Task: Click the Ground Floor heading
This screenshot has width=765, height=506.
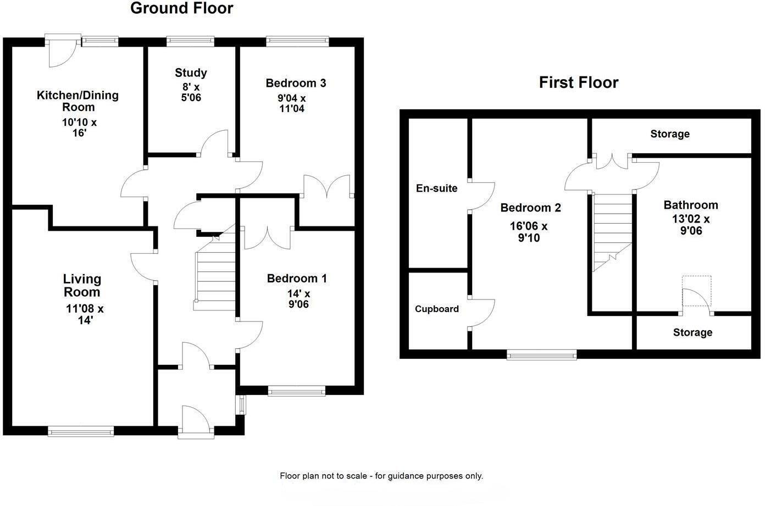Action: [181, 8]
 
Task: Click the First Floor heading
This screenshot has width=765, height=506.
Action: [579, 82]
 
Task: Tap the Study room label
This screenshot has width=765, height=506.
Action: [191, 73]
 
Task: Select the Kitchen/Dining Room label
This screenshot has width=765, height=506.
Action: [77, 101]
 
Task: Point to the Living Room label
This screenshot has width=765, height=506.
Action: [82, 286]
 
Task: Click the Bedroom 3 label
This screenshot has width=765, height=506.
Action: [296, 83]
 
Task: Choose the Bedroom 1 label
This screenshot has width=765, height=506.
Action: [297, 279]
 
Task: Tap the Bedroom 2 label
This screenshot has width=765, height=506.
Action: [530, 208]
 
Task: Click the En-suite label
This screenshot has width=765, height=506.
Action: [437, 188]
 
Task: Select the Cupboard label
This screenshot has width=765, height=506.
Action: [437, 309]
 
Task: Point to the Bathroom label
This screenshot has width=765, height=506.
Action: [691, 205]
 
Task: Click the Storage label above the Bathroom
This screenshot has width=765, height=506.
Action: [670, 134]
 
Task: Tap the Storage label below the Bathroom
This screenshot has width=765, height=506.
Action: [692, 332]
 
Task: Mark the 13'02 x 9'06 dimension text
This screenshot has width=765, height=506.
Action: [691, 225]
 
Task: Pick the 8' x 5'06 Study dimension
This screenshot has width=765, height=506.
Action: [191, 92]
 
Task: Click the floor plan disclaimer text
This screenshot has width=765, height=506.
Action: [381, 476]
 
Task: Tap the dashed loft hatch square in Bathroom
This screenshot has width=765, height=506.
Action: [697, 291]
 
